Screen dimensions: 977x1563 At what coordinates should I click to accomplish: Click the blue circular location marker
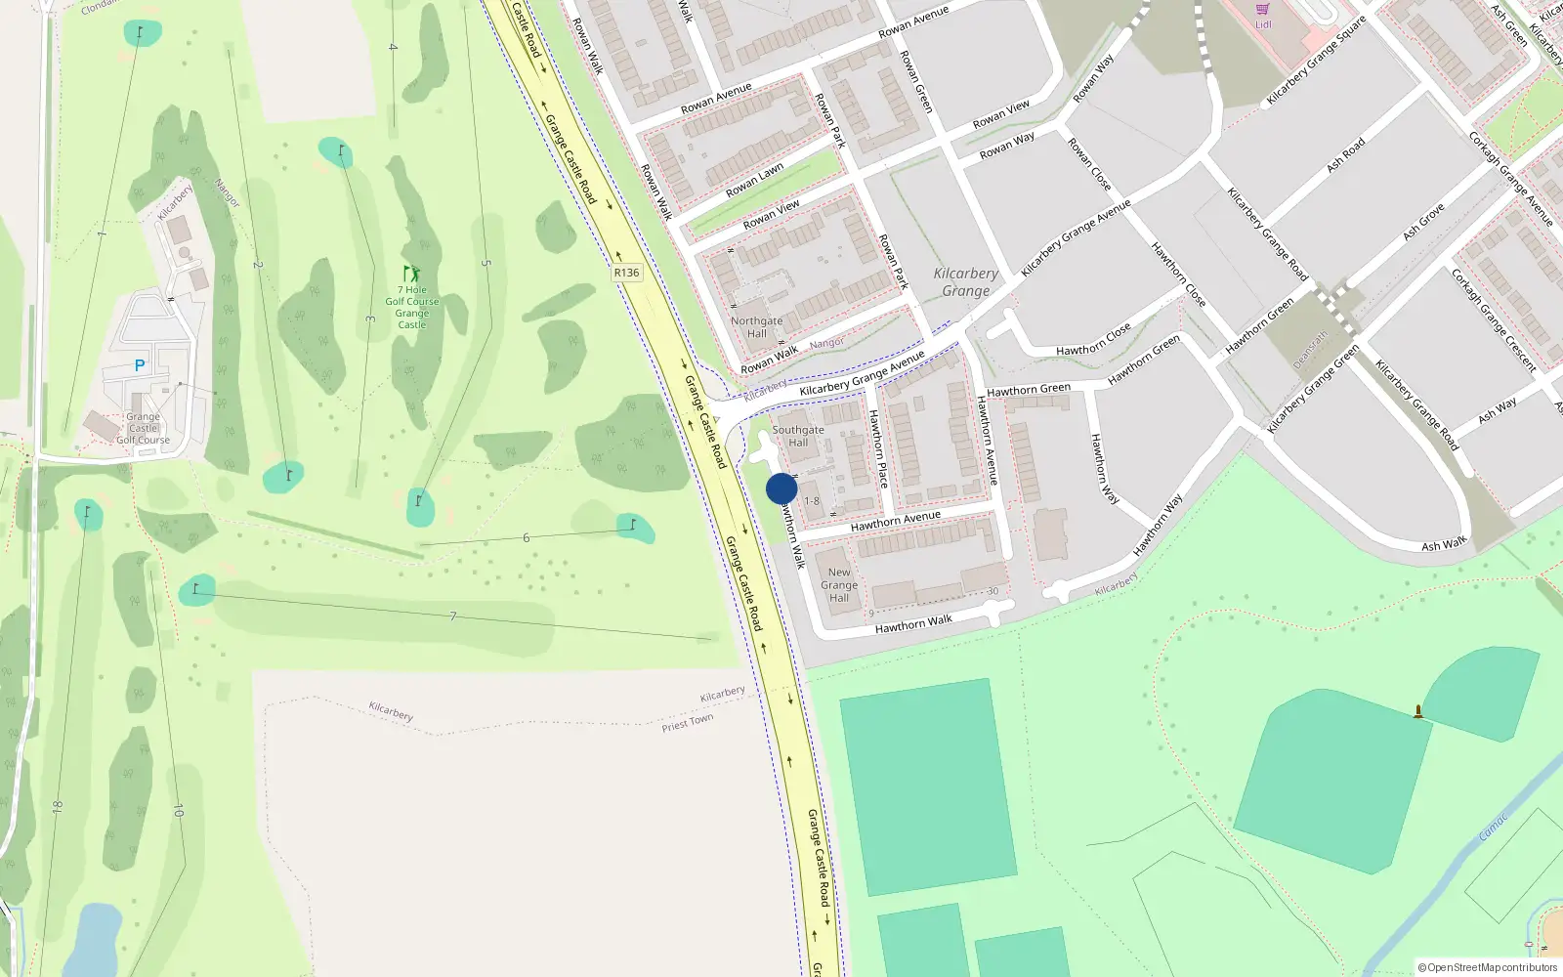pos(781,488)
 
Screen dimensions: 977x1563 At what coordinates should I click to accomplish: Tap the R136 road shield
pos(626,273)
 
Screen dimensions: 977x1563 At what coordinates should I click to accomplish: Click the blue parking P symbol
pos(140,365)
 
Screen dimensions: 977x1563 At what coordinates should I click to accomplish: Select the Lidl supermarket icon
pos(1263,9)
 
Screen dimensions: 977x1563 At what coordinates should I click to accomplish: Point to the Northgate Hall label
pos(757,327)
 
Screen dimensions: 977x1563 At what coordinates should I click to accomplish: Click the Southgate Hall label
pos(798,436)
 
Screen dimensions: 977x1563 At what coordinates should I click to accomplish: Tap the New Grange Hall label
pos(839,585)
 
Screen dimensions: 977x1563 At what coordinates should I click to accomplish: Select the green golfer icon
pos(412,274)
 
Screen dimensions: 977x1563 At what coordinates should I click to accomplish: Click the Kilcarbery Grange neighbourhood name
pos(965,282)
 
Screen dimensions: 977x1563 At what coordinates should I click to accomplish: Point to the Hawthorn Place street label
pos(878,448)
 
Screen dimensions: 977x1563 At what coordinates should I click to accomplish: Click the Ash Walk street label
pos(1444,544)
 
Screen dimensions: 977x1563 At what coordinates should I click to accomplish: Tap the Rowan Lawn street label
pos(754,180)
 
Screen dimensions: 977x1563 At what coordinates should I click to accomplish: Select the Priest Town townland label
pos(688,722)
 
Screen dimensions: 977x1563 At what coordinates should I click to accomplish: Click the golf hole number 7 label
pos(452,616)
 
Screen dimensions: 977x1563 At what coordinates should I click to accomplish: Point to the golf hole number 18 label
pos(58,807)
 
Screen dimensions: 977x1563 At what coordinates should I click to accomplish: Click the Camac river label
pos(1493,828)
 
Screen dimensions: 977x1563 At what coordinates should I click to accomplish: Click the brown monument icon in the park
pos(1418,712)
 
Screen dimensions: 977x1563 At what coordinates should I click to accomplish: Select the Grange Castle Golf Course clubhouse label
pos(144,428)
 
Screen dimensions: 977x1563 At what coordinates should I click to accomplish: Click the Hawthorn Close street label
pos(1093,339)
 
